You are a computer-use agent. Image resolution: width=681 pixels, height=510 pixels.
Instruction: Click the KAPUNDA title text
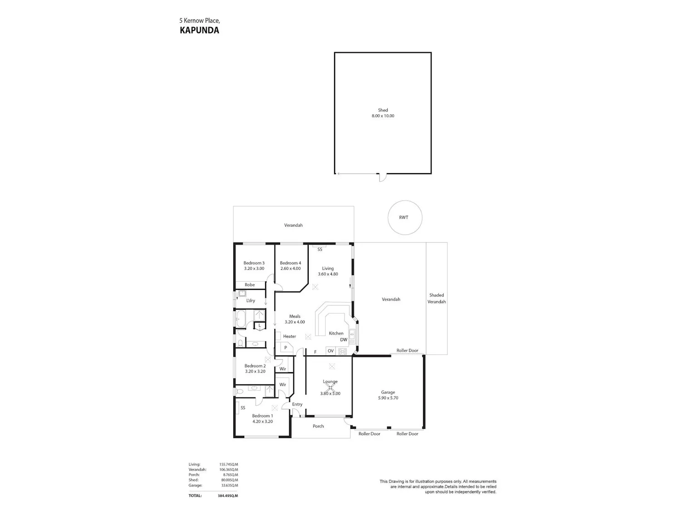199,30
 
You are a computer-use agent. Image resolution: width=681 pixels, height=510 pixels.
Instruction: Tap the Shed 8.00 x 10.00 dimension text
383,116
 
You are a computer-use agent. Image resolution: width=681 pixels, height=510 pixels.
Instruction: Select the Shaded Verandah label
437,298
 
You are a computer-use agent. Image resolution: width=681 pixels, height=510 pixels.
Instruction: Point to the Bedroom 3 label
254,263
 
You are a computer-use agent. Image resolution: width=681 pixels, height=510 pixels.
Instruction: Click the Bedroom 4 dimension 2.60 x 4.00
291,268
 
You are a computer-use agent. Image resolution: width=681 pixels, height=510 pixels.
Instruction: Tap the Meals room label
295,316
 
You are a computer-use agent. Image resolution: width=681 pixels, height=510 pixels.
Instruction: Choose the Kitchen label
336,333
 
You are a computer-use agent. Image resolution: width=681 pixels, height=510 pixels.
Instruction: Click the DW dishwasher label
344,340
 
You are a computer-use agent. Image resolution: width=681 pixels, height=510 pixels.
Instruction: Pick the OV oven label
331,351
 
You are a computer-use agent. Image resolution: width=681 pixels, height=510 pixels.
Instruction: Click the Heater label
290,336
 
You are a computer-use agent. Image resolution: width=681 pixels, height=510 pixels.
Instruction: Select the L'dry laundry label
251,301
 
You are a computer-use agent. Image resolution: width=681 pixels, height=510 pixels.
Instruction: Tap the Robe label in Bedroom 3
250,285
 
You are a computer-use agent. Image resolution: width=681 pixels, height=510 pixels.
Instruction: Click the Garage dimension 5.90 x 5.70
388,398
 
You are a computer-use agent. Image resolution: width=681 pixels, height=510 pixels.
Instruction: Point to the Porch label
318,426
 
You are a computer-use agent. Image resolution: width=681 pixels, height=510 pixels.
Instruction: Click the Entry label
297,404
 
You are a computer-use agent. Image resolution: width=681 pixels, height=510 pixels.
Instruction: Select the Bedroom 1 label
262,416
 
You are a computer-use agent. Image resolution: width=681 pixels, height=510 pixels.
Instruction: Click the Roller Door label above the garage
407,350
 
